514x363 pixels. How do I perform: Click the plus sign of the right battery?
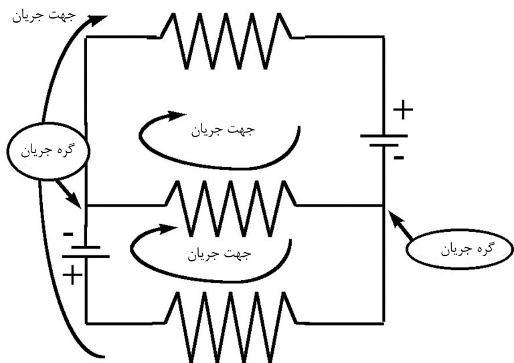point(402,110)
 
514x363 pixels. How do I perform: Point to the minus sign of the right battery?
point(399,158)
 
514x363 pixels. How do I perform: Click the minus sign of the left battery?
point(68,234)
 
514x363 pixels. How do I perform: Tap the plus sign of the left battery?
point(72,274)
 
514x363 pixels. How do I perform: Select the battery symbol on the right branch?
point(383,140)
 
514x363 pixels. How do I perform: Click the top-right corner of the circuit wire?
point(383,37)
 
